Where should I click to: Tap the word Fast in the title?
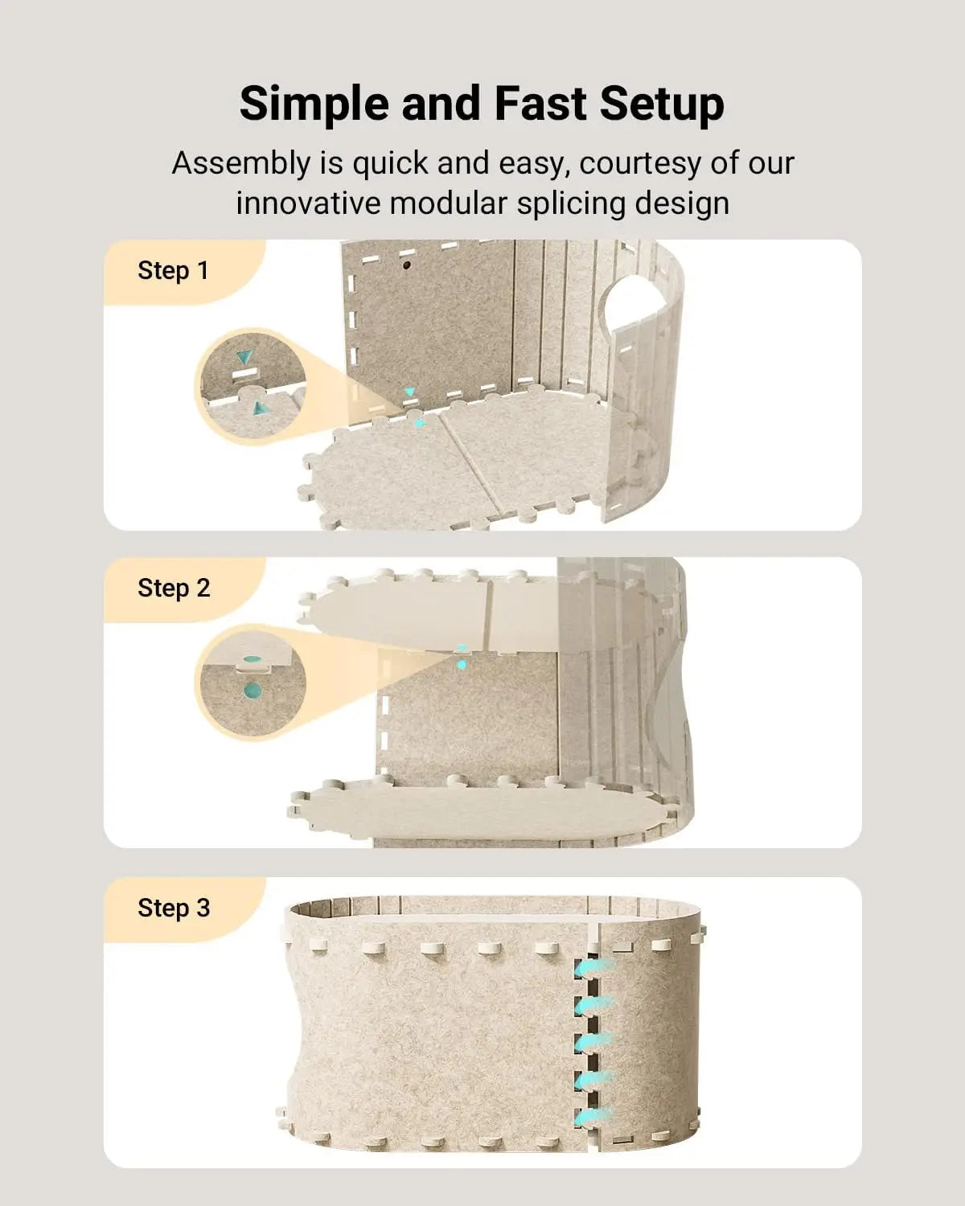(x=540, y=105)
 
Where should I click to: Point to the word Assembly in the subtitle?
(x=240, y=163)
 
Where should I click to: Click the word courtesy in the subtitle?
(x=640, y=163)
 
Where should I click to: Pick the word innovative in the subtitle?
(x=308, y=203)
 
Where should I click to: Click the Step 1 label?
(x=173, y=271)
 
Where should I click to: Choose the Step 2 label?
(x=174, y=589)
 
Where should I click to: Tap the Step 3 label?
(x=174, y=909)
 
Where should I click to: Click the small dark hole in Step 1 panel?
(x=407, y=264)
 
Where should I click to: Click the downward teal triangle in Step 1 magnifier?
(x=244, y=356)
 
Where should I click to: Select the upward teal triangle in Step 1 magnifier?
(x=259, y=408)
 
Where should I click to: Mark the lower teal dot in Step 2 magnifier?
(x=253, y=690)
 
